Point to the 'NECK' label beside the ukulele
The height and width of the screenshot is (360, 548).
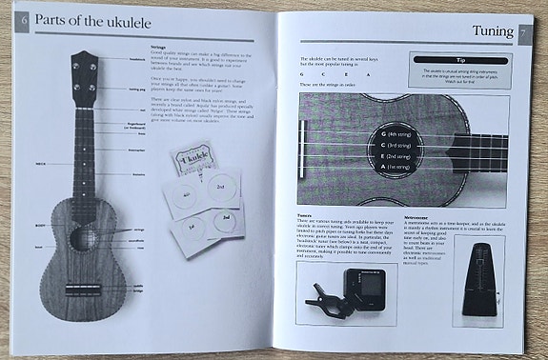click(x=42, y=163)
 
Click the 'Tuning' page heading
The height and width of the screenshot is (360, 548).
click(x=492, y=32)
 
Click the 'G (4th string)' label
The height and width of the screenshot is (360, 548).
click(x=400, y=133)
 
